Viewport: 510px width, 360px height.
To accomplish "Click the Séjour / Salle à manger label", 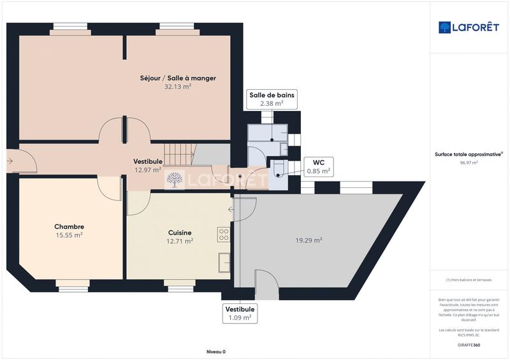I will [x=178, y=78].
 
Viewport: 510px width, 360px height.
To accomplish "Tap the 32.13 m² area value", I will [x=178, y=87].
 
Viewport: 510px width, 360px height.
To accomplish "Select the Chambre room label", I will [x=69, y=226].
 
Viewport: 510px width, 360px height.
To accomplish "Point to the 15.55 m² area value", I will [x=69, y=235].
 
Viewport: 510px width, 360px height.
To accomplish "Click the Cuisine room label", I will [x=179, y=233].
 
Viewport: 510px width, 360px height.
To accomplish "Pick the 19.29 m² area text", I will [x=309, y=240].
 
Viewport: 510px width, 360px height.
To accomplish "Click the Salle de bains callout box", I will [x=272, y=99].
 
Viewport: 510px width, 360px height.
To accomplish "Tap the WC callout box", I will [x=318, y=166].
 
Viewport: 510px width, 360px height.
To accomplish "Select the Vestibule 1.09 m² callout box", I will [x=239, y=313].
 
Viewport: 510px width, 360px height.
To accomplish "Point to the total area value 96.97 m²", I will [x=469, y=162].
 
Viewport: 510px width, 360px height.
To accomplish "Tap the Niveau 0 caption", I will [x=216, y=352].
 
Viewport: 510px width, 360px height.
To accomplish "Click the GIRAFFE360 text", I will [x=469, y=345].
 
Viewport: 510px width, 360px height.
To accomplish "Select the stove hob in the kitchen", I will [x=223, y=234].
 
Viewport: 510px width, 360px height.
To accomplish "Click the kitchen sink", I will [x=224, y=262].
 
